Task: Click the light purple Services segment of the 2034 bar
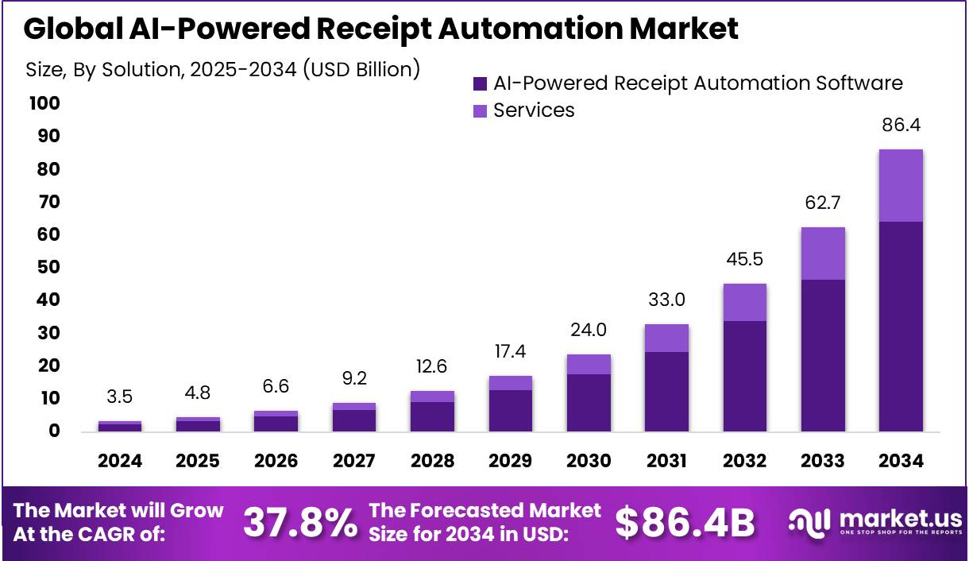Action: coord(901,185)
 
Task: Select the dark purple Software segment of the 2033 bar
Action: coord(823,355)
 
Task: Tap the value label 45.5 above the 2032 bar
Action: coord(745,260)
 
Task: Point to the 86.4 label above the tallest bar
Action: coord(901,126)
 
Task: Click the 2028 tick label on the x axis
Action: coord(433,461)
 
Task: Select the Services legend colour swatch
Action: coord(480,110)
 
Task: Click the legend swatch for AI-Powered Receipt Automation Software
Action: coord(480,83)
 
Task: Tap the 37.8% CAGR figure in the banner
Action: coord(299,522)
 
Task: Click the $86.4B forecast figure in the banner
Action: coord(685,522)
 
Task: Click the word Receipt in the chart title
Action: coord(361,29)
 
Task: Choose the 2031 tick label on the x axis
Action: coord(666,461)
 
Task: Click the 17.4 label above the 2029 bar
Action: coord(511,351)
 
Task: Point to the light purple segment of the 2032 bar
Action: coord(745,302)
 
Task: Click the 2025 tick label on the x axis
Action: coord(198,461)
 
